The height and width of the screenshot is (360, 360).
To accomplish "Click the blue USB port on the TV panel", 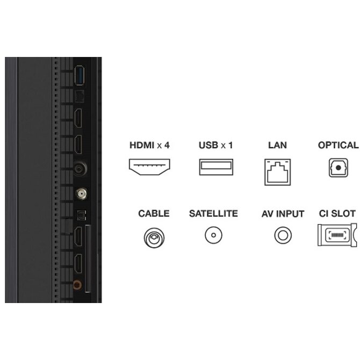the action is (80, 75).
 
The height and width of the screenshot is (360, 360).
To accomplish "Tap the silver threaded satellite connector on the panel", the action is (81, 193).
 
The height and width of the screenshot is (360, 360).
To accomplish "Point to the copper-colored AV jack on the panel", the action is (77, 285).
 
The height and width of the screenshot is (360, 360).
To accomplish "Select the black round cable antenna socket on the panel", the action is (80, 169).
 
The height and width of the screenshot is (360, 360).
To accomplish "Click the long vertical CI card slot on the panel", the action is (88, 259).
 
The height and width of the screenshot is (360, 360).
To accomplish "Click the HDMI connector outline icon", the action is (149, 167).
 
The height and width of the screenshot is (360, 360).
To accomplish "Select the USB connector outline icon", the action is (216, 167).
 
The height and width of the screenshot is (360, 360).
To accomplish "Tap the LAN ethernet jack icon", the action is (278, 172).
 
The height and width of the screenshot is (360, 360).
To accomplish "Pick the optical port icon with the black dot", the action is (338, 168).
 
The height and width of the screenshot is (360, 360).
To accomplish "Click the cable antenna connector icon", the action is (154, 237).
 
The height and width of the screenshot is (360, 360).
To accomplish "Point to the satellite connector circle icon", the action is (213, 235).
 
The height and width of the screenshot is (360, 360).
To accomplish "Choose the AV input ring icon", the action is (283, 235).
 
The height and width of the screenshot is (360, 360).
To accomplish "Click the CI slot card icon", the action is (337, 235).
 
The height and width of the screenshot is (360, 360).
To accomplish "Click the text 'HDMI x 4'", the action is (149, 145).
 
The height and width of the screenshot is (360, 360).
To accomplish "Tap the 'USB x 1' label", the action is (216, 145).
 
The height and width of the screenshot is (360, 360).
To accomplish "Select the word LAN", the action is (278, 145).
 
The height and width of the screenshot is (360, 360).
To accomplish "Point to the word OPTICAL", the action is (338, 145).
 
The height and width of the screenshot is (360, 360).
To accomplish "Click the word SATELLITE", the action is (213, 213).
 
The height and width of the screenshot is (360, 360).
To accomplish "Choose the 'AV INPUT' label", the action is (283, 214).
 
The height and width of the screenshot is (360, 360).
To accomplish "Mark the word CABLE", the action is (154, 213).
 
